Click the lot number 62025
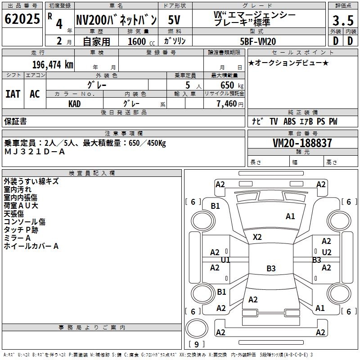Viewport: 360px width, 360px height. point(22,19)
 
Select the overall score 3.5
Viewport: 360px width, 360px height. point(343,20)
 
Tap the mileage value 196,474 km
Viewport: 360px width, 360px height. point(53,65)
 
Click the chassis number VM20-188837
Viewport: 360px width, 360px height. point(302,143)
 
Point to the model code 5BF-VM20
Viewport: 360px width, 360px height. point(258,41)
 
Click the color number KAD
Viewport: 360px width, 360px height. point(75,104)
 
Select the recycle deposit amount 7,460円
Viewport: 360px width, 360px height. point(230,104)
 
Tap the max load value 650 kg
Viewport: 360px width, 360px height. point(232,85)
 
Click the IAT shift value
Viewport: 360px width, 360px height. point(13,94)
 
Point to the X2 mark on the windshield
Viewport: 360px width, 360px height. point(257,237)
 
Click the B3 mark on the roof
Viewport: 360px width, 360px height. point(271,268)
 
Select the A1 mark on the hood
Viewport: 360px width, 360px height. point(290,216)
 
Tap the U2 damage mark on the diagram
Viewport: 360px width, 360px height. point(327,252)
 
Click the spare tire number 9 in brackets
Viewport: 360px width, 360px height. point(197,344)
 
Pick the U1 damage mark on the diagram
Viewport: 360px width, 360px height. point(225,260)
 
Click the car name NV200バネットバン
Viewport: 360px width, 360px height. point(116,20)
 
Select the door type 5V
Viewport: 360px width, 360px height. point(174,20)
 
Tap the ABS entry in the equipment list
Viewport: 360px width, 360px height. point(289,121)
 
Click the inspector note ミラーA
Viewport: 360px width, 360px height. point(17,238)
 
